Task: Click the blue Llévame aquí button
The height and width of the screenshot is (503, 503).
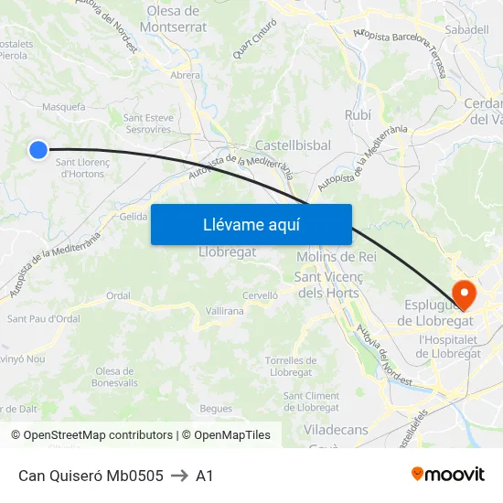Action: tap(251, 225)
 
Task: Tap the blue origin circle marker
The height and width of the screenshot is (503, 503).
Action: tap(37, 149)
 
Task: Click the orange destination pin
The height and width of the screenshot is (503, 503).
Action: tap(465, 294)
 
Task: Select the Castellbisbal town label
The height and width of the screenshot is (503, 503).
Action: tap(293, 145)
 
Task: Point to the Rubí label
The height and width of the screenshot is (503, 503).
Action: tap(358, 114)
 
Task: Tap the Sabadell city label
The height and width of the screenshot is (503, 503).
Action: tap(466, 29)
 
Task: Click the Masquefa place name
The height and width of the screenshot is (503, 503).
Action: tap(64, 106)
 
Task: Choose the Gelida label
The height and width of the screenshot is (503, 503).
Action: tap(134, 216)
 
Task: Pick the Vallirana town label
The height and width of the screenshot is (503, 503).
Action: tap(225, 311)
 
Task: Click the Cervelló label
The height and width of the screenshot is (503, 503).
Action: tap(260, 295)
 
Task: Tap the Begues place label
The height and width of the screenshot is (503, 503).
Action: tap(216, 408)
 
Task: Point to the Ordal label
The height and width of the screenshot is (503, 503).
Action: tap(118, 295)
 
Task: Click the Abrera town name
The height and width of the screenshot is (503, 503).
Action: tap(186, 76)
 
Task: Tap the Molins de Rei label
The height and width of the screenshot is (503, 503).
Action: tap(337, 257)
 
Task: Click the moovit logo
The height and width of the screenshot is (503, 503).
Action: tap(448, 474)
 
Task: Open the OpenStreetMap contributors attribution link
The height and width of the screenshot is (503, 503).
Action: tap(98, 435)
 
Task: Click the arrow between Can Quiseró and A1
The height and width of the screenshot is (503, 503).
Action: tap(179, 476)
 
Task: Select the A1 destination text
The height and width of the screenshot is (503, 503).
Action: tap(204, 476)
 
